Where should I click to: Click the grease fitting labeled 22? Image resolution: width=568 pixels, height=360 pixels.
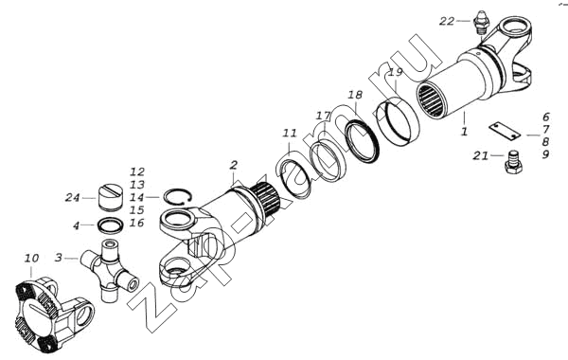coord(481,23)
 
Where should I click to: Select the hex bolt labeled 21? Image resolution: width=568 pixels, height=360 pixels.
coord(513,163)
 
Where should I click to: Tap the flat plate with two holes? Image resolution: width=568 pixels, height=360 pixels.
coord(504,130)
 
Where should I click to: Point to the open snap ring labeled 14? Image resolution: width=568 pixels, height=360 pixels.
coord(178,197)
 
